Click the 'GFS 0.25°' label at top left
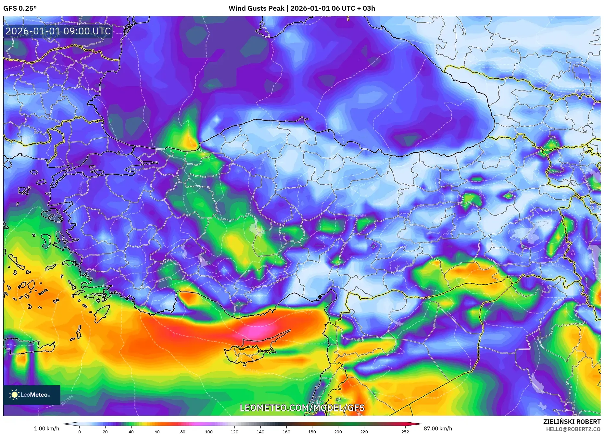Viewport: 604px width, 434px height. point(20,8)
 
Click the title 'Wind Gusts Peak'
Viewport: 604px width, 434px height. point(256,8)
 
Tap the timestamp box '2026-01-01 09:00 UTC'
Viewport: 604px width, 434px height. point(58,31)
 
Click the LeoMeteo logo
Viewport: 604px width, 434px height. point(31,395)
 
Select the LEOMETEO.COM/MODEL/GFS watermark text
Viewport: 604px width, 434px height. point(302,408)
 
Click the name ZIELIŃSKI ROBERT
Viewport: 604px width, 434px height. point(572,422)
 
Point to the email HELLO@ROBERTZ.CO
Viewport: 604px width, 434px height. point(573,429)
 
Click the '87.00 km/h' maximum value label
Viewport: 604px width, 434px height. point(438,428)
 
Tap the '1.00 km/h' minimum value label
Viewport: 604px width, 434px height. point(46,428)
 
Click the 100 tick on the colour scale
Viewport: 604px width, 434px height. point(208,432)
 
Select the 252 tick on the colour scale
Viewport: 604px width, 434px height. point(405,432)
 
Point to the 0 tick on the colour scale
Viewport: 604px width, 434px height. point(79,432)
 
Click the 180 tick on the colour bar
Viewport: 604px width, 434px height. point(312,432)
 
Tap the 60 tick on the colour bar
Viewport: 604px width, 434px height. point(157,432)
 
